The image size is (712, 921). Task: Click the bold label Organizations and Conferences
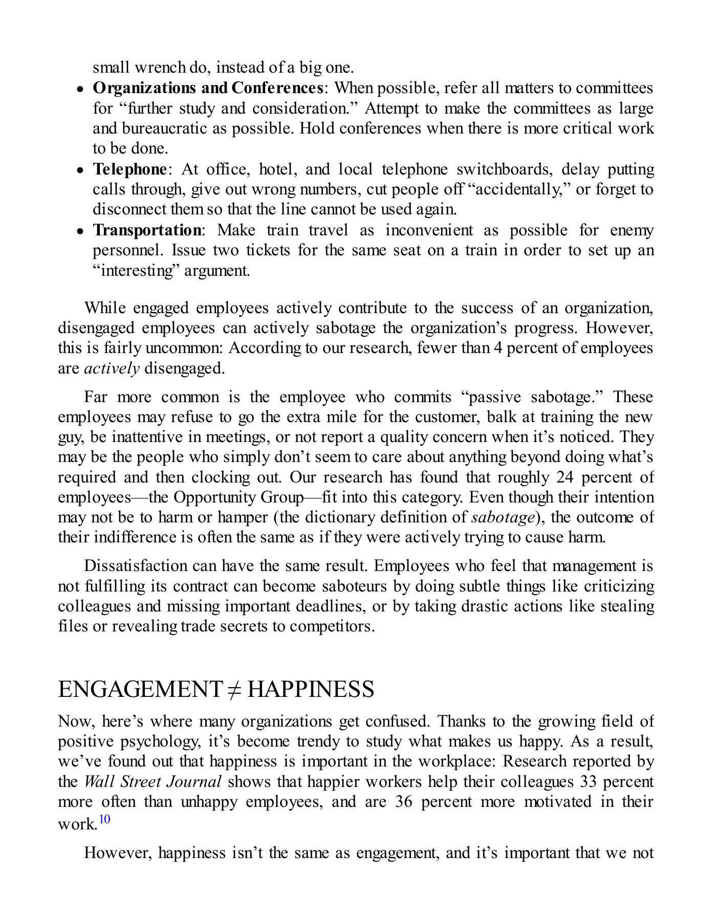coord(207,88)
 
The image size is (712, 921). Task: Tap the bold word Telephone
coord(130,169)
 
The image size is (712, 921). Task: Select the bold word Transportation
coord(147,230)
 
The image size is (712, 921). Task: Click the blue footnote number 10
coord(104,819)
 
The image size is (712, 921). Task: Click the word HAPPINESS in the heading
coord(311,690)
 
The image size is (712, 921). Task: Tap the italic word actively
coord(112,368)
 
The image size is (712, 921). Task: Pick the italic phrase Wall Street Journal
coord(153,782)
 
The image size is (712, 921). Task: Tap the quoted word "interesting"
coord(136,270)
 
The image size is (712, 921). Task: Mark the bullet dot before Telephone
coord(80,170)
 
